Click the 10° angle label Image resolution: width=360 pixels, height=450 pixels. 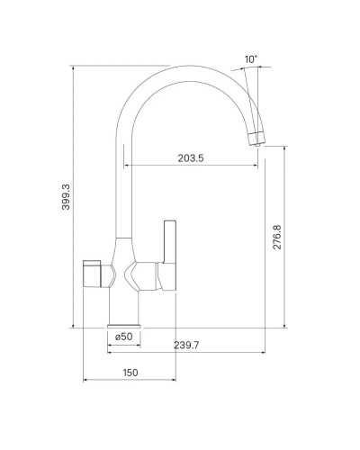coord(251,60)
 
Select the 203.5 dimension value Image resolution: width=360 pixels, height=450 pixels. coord(190,158)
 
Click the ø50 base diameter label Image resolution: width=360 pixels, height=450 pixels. coord(124,337)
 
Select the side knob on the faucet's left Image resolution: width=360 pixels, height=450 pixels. coord(93,272)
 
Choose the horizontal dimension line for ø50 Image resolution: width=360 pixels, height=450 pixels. coord(124,345)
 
